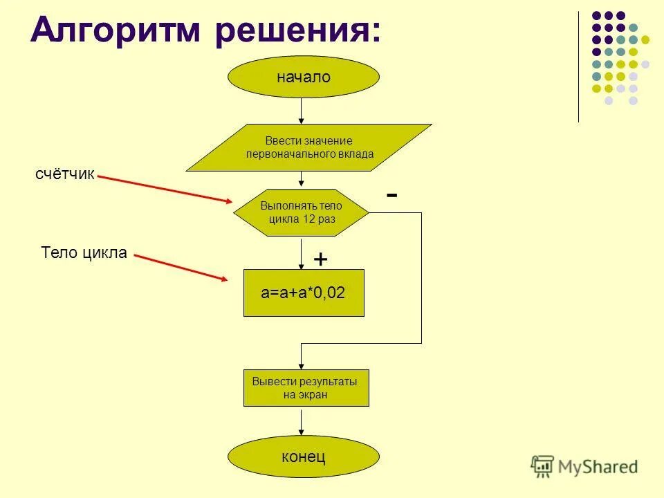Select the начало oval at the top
[x=304, y=77]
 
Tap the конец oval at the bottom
[x=304, y=456]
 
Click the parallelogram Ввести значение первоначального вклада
[x=309, y=147]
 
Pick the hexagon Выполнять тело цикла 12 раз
[x=302, y=212]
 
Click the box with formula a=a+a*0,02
[x=303, y=293]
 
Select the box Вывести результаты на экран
[x=306, y=388]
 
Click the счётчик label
[x=64, y=174]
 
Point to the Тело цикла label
[x=84, y=252]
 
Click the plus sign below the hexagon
[x=320, y=259]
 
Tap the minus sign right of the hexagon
[x=392, y=196]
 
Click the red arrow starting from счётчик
[x=166, y=189]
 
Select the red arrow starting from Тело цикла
[x=181, y=268]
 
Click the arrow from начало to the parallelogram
[x=302, y=111]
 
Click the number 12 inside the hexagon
[x=309, y=219]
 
